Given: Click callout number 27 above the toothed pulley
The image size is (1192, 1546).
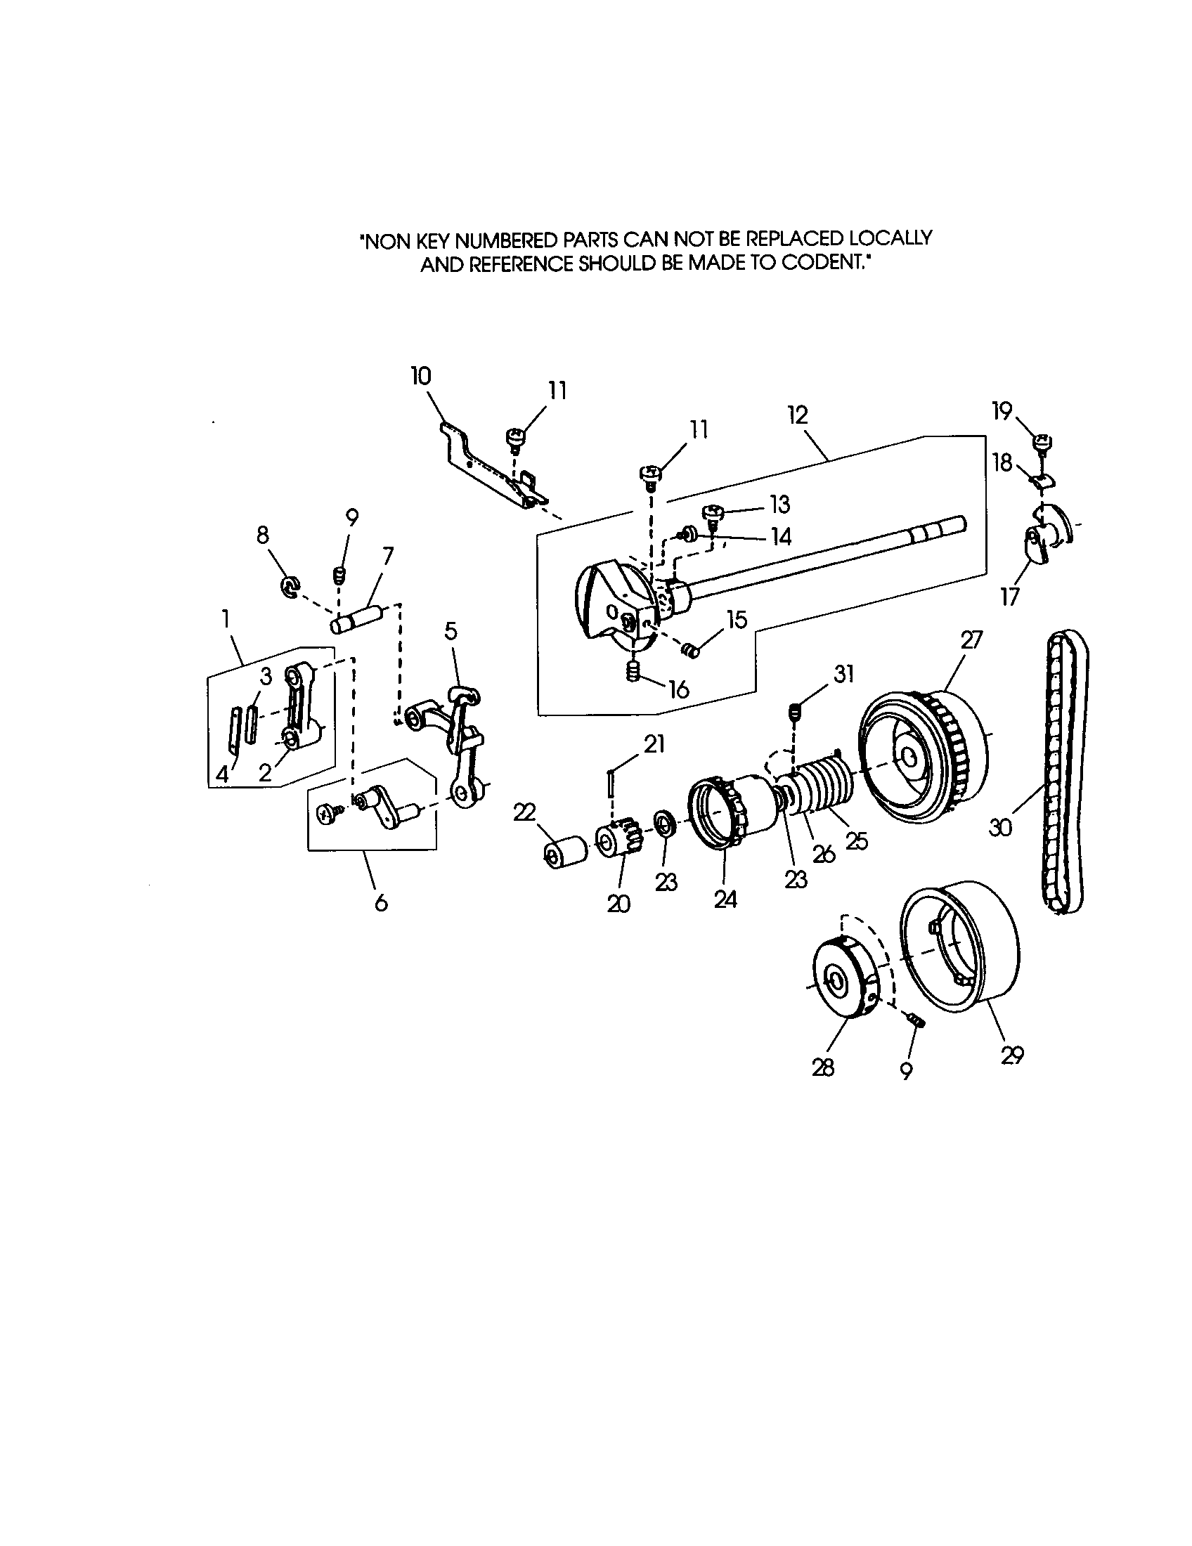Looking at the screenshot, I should click(x=972, y=640).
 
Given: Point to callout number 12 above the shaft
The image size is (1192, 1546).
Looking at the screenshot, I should click(x=797, y=414).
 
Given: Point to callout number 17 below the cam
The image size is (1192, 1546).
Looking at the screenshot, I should click(x=1009, y=597).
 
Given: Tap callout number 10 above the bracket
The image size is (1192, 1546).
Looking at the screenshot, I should click(x=421, y=377).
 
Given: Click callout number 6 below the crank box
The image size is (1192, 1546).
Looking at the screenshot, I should click(x=381, y=902).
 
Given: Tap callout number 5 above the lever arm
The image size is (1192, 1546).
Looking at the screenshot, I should click(x=451, y=630).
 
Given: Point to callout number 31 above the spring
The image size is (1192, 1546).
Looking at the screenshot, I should click(x=843, y=675).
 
